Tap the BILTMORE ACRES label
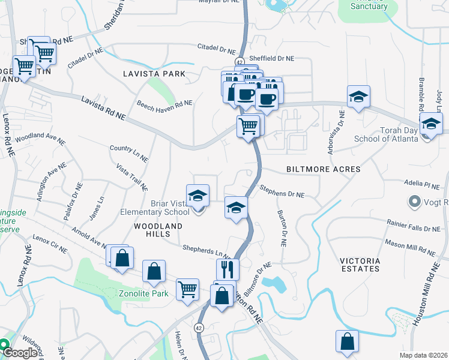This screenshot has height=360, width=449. pos(324,170)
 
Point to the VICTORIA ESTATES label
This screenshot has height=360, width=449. pos(360,265)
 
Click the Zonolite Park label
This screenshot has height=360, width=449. pos(143,294)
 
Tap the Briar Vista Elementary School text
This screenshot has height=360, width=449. pos(155,208)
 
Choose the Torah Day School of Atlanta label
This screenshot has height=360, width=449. pos(390,134)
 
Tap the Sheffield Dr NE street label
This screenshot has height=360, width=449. pos(273,59)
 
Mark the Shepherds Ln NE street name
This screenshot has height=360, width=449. pos(207,252)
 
